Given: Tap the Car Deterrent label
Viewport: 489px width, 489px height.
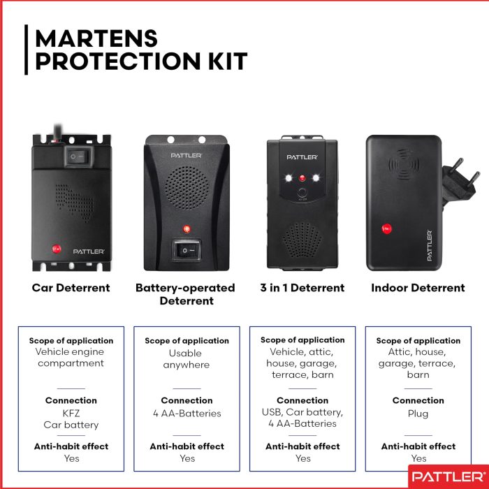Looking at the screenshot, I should coord(71,288).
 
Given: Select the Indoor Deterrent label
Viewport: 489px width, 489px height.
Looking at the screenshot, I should coord(418,288).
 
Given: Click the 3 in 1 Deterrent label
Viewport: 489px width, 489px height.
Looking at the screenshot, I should coord(302,288).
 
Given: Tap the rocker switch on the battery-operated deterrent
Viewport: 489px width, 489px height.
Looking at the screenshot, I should coord(187,249).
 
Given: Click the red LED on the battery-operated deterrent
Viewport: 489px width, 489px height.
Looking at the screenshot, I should coord(186,229).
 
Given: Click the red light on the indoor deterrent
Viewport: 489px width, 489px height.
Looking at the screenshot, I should coord(386,228).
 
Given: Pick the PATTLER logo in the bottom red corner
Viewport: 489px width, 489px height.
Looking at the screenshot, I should coord(444,477).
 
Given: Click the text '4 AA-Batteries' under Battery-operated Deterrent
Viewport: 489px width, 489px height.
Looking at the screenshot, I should coord(187,414).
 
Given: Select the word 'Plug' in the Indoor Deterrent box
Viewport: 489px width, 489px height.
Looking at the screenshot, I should coord(418,414).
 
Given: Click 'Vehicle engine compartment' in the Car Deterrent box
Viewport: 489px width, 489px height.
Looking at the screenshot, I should coord(71,358).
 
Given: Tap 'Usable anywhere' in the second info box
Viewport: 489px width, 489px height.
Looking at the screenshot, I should coord(187,359).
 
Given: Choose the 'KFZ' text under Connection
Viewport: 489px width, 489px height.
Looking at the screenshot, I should coord(71,414).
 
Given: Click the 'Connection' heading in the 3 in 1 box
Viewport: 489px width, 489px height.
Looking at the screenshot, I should coord(302,400).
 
